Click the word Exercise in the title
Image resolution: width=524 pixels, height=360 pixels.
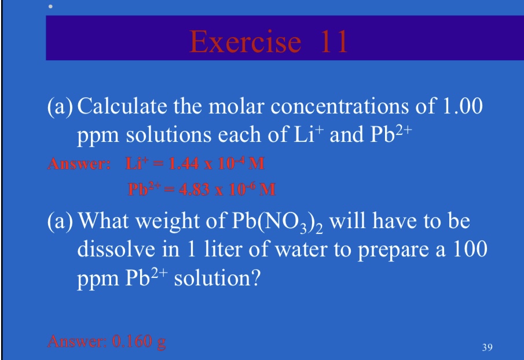tap(245, 41)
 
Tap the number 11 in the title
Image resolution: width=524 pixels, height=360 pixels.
tap(331, 41)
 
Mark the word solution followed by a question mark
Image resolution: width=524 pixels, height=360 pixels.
tap(212, 278)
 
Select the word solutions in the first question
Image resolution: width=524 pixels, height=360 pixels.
tap(168, 134)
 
